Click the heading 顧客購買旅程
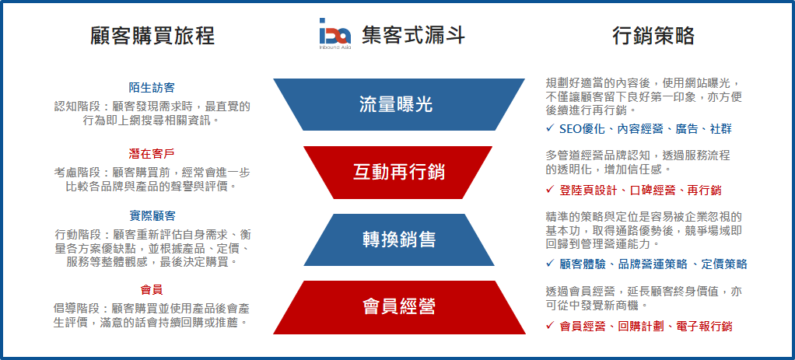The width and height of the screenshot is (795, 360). click(152, 36)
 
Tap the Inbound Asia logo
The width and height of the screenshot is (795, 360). click(335, 33)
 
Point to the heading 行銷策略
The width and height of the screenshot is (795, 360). click(653, 36)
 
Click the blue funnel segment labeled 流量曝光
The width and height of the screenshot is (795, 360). click(399, 104)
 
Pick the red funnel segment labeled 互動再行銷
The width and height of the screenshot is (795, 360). click(398, 173)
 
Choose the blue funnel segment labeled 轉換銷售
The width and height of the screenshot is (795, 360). click(398, 239)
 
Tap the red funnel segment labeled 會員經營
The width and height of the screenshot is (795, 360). click(399, 307)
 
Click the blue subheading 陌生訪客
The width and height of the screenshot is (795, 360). click(152, 88)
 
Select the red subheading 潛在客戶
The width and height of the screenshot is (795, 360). click(152, 153)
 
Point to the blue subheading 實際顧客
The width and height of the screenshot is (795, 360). click(152, 216)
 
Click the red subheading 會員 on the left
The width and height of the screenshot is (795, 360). click(152, 291)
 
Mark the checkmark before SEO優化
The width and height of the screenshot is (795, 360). click(550, 129)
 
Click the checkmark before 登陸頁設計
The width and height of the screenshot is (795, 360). click(550, 190)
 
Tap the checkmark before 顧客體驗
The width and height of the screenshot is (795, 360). click(550, 263)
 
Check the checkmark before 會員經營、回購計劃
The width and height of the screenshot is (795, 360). click(550, 326)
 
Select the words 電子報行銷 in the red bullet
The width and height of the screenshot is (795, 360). click(704, 326)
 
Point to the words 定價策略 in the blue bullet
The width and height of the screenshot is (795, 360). click(724, 264)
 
